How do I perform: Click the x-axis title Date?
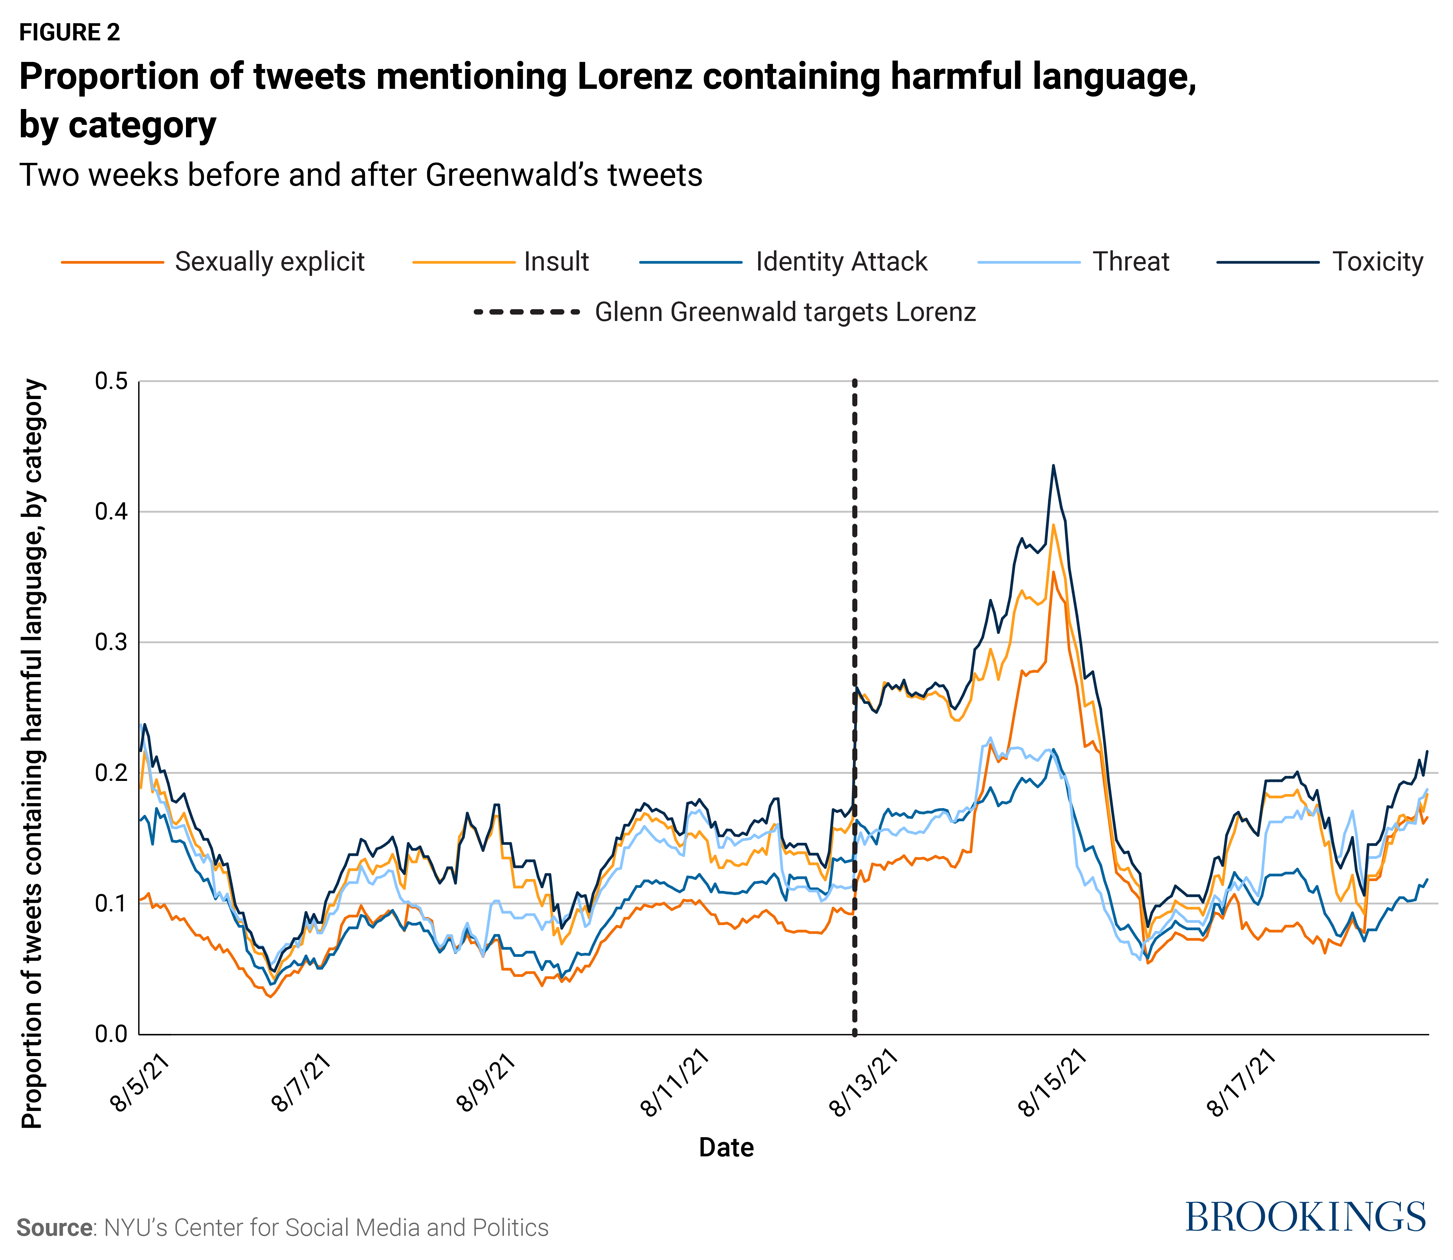click(x=726, y=1148)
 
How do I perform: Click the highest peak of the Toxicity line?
click(x=1052, y=465)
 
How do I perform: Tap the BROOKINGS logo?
click(x=1305, y=1217)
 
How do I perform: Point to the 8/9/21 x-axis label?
click(x=486, y=1083)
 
